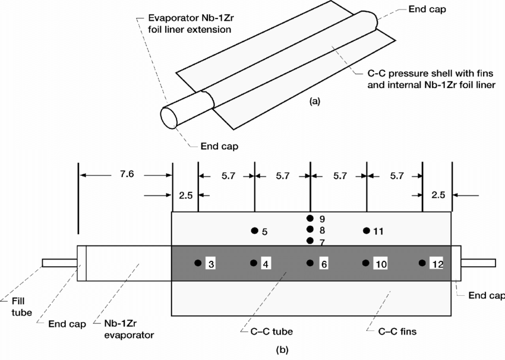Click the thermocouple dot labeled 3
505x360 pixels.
coord(198,263)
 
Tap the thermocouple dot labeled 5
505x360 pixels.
coord(254,230)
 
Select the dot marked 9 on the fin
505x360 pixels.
coord(310,219)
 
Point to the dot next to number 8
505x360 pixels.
coord(310,229)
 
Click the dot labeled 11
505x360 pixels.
coord(366,230)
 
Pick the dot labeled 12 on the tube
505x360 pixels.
coord(422,263)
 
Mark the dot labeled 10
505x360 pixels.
coord(365,263)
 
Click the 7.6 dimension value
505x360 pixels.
coord(127,174)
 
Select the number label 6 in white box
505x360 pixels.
coord(324,264)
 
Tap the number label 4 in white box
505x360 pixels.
coord(266,264)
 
